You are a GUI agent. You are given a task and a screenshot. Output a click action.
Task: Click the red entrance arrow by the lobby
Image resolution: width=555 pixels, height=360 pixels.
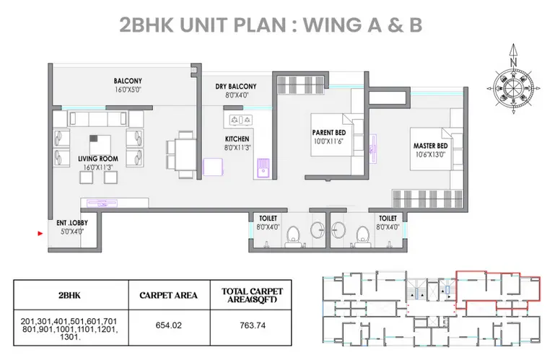[40, 233]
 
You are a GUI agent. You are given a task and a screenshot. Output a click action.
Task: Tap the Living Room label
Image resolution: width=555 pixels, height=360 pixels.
[98, 159]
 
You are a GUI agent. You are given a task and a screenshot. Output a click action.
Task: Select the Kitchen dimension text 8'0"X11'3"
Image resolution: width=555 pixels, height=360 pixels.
[237, 148]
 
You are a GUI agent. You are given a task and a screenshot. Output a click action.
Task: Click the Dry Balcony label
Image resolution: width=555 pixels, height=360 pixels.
[236, 87]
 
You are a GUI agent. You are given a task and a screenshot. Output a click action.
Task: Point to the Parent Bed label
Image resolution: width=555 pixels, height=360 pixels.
[329, 133]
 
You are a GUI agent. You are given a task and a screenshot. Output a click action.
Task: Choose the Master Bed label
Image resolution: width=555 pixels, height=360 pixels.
[430, 146]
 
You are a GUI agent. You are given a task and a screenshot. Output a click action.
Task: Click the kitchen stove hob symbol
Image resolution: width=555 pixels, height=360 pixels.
[240, 120]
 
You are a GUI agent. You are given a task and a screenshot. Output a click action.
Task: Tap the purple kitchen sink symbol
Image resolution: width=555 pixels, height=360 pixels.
[263, 169]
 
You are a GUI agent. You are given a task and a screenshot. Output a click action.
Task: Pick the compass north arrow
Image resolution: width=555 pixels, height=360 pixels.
[514, 55]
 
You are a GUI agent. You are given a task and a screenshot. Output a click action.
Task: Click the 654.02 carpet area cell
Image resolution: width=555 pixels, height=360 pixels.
[168, 325]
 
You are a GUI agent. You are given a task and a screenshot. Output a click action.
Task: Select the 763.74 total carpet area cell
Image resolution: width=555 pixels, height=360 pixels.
[253, 325]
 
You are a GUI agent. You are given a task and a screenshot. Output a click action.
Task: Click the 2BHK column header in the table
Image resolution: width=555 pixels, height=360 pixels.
[69, 295]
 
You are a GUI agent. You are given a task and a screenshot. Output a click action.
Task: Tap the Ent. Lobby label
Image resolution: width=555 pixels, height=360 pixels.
[72, 223]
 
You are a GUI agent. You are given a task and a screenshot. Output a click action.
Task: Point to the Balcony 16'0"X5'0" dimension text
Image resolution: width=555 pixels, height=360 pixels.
[128, 90]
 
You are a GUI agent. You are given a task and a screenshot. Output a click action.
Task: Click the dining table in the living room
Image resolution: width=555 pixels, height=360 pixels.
[185, 154]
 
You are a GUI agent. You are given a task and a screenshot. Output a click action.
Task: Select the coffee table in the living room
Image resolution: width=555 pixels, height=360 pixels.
[100, 144]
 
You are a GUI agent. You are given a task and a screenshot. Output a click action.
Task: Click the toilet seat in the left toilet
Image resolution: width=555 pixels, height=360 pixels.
[292, 235]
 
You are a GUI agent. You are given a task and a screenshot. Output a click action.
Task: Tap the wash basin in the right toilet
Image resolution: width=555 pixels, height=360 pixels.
[339, 229]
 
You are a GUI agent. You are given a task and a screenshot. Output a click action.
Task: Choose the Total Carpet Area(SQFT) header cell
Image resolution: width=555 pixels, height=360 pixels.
[252, 295]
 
